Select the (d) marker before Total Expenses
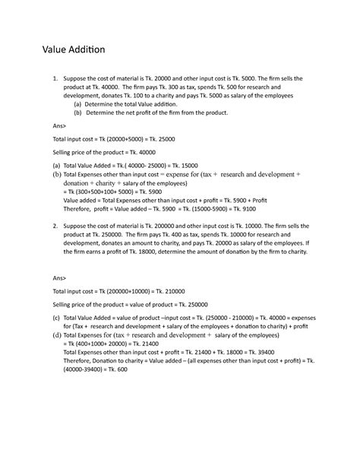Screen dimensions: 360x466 [x=56, y=334]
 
